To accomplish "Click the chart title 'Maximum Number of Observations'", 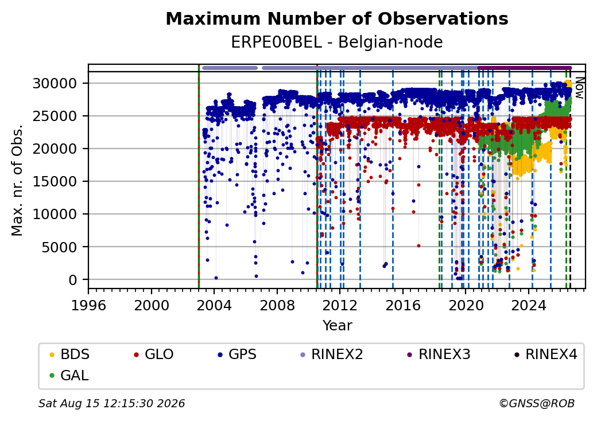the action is point(337,18).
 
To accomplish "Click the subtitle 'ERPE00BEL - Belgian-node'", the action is point(337,42).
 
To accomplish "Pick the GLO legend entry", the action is point(154,354).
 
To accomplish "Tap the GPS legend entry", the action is point(237,354).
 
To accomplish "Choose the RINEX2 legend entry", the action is point(332,354).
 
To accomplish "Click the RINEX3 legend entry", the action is point(439,354).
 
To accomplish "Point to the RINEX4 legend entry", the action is point(546,354).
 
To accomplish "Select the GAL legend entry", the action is point(69,375).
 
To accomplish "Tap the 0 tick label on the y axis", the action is point(73,280).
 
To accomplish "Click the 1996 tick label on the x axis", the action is point(89,305).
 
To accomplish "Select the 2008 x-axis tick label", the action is point(277,305).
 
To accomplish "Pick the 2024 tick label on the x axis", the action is point(529,305).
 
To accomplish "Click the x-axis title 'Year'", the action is point(338,326).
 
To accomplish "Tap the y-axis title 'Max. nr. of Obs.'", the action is point(17,180).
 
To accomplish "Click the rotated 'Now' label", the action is point(579,88).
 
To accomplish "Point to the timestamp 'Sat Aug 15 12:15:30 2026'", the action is point(112,403).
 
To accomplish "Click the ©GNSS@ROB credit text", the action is point(537,403).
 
